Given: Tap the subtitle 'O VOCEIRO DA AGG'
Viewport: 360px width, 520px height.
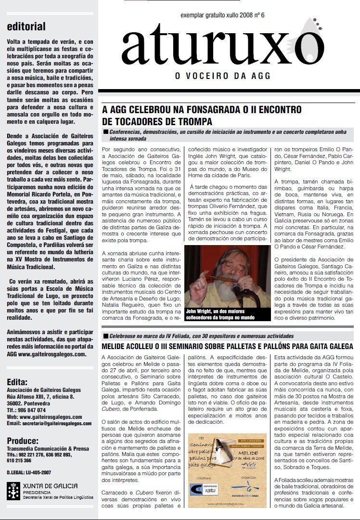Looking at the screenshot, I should tap(216, 76).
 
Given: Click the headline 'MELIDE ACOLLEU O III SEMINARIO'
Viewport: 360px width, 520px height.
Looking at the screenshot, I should tap(228, 346).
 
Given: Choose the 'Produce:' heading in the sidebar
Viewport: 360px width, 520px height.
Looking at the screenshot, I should tap(23, 441).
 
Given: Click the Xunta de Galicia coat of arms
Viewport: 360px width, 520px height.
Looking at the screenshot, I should tap(13, 492).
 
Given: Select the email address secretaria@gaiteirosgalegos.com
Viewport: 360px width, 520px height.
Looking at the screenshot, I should tap(49, 423).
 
